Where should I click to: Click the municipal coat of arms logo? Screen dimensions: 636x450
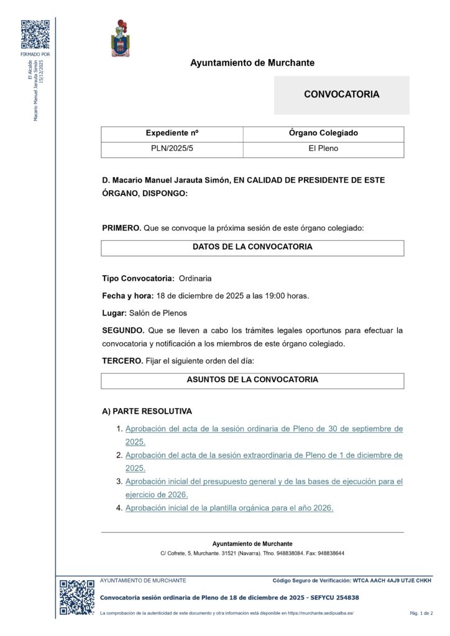[x=120, y=39]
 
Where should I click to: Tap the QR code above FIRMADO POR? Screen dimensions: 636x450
[x=35, y=34]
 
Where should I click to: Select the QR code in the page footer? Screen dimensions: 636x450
[x=77, y=597]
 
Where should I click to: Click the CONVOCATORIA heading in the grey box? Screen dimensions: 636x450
[x=341, y=94]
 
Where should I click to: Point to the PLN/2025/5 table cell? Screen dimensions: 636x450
[x=172, y=149]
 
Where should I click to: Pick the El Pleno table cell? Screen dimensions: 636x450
[x=323, y=149]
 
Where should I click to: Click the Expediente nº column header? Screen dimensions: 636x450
[x=172, y=134]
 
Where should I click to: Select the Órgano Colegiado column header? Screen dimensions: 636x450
[x=323, y=134]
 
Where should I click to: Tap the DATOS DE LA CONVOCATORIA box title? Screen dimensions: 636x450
[x=252, y=247]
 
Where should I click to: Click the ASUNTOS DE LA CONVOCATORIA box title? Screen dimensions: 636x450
[x=252, y=379]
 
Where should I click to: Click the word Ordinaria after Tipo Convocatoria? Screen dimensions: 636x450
[x=195, y=278]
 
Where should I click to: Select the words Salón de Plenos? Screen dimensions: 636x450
[x=158, y=313]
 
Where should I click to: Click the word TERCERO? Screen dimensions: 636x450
[x=122, y=361]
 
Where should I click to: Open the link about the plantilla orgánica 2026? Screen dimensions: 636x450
[x=229, y=508]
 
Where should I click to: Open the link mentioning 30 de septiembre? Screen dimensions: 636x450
[x=264, y=429]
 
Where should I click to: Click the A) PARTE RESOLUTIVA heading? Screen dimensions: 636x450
[x=147, y=411]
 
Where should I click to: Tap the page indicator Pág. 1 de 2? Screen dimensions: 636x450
[x=421, y=614]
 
